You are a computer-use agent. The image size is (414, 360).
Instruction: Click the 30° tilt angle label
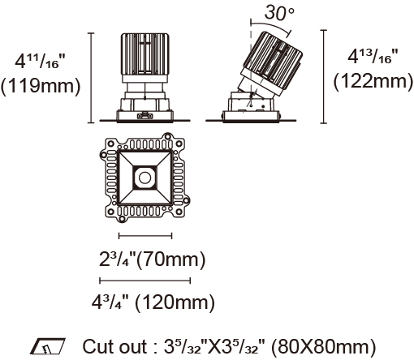[279, 12]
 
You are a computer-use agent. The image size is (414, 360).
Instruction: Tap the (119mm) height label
[41, 86]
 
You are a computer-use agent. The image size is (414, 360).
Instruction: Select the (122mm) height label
[373, 81]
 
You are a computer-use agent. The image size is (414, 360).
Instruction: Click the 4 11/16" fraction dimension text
[41, 61]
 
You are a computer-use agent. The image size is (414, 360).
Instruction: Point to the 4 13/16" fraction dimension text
[373, 56]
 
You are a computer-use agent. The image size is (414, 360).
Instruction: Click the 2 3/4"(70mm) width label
[152, 259]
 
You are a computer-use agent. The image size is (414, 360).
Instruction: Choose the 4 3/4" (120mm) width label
[153, 302]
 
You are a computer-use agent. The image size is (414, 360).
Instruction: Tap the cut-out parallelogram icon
[48, 346]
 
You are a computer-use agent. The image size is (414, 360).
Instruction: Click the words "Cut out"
[114, 346]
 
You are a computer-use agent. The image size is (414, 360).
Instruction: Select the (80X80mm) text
[323, 347]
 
